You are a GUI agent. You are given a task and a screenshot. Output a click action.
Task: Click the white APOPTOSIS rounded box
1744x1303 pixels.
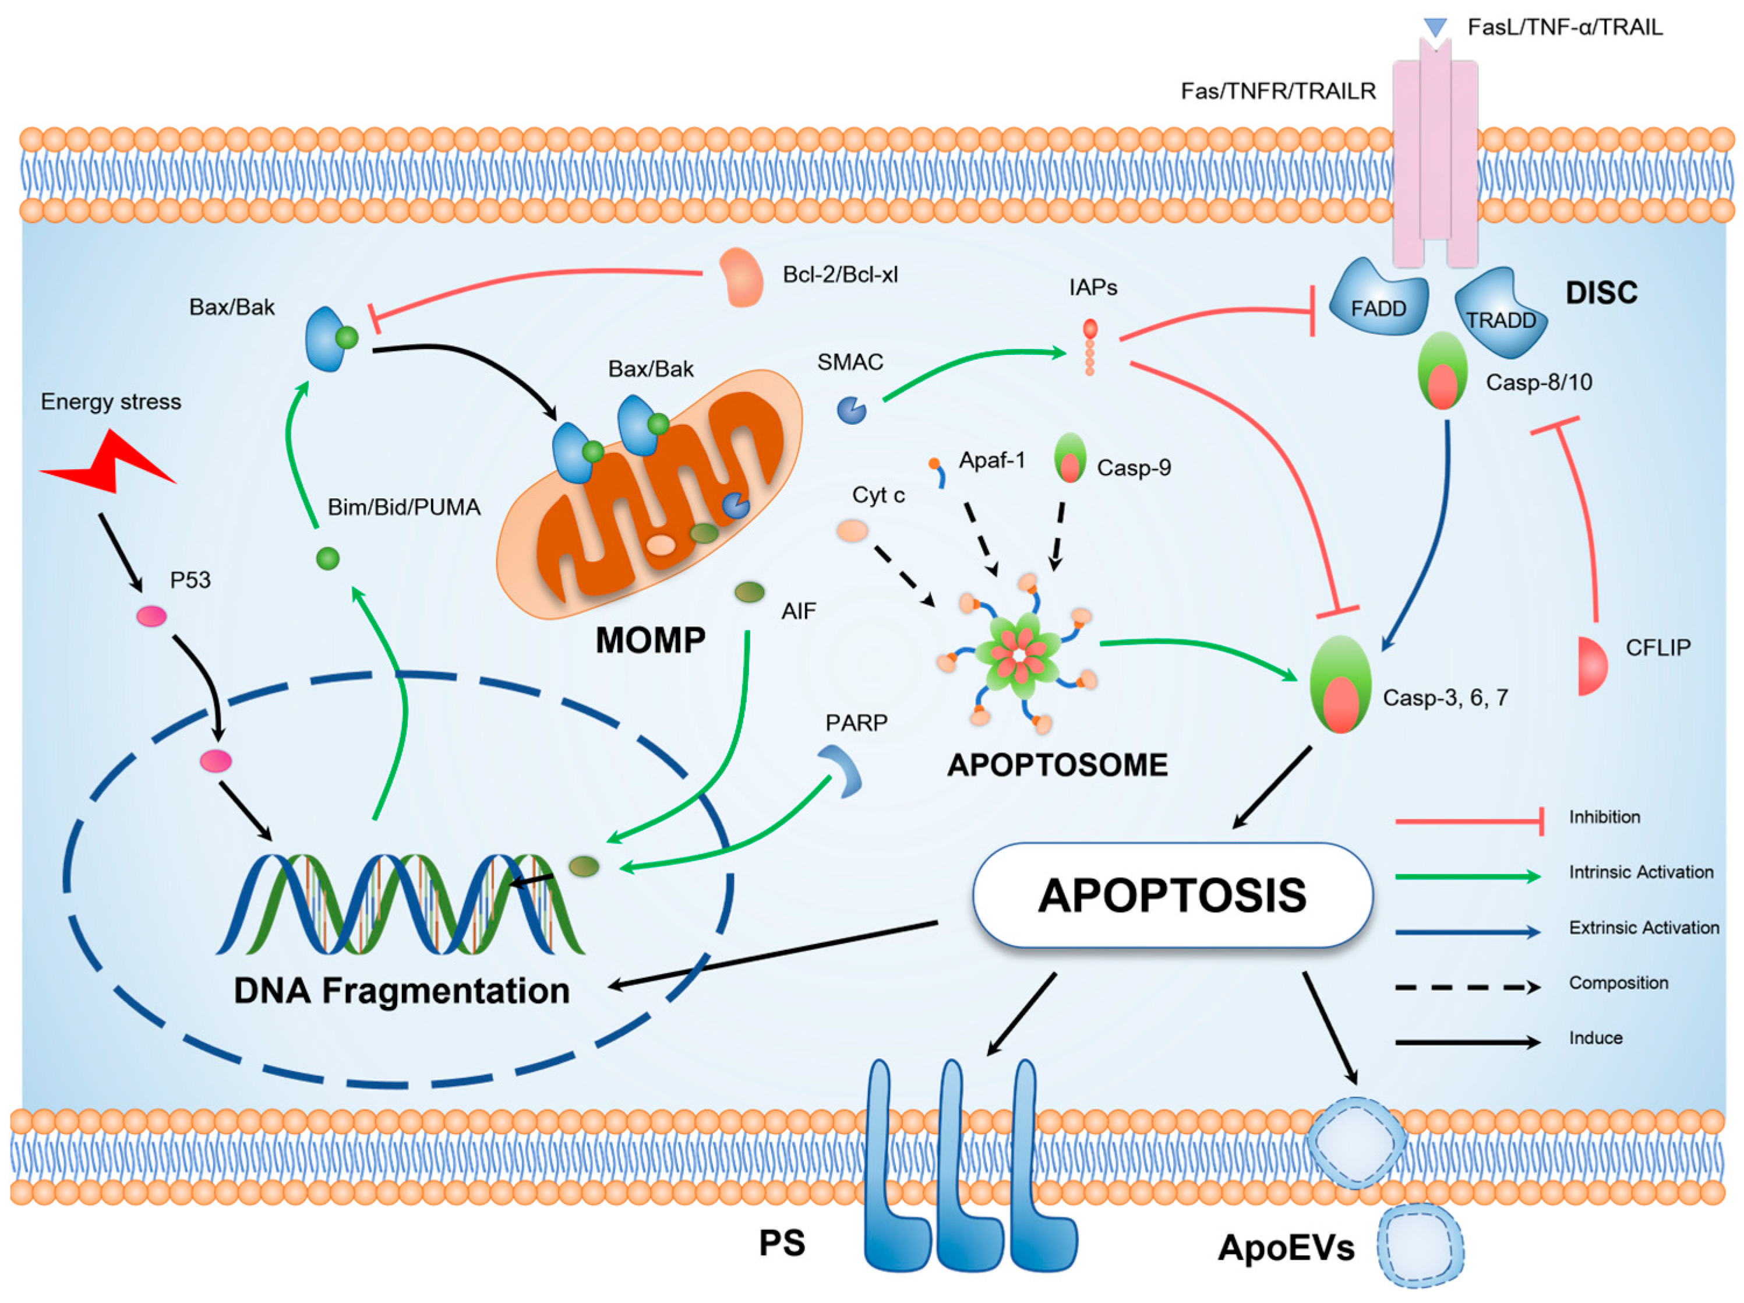[1173, 895]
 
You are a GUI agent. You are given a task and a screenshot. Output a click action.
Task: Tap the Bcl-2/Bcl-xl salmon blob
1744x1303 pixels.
[741, 277]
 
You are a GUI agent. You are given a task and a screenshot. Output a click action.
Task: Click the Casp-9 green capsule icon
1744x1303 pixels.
[1070, 458]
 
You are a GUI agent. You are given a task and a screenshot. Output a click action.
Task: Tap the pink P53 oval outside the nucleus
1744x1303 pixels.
[151, 616]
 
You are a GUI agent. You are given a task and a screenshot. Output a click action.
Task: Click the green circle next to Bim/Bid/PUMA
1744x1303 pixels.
[327, 558]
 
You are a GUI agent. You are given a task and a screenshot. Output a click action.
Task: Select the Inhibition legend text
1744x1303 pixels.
[1604, 817]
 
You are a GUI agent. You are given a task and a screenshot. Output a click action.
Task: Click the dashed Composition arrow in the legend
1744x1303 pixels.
[1467, 987]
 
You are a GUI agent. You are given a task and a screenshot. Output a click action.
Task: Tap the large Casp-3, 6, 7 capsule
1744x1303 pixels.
[1340, 685]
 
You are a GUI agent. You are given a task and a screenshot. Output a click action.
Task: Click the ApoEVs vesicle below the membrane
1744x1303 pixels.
[1419, 1247]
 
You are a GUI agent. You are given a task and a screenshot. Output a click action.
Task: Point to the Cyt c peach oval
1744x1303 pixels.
[852, 530]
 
